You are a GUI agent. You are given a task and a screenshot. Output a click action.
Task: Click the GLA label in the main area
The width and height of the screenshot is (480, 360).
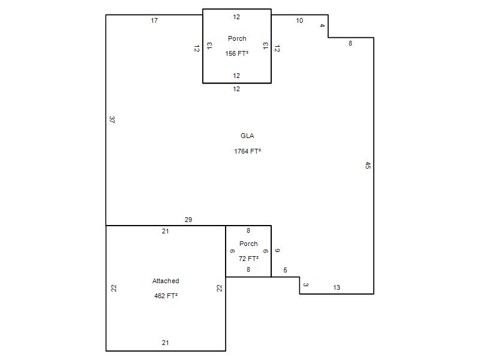[247, 136]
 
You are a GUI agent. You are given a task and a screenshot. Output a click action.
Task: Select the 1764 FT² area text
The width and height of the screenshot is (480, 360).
[247, 151]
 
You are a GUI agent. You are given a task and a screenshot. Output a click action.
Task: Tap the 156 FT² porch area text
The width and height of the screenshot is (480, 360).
[236, 53]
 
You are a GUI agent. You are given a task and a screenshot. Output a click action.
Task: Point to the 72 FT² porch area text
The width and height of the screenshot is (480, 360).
[248, 259]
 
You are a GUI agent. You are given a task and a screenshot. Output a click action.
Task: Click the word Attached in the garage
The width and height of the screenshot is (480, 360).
[166, 281]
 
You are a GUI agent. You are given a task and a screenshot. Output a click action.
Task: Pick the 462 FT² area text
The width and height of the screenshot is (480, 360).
[166, 296]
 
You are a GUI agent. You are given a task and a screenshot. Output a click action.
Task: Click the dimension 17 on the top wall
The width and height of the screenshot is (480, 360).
[154, 20]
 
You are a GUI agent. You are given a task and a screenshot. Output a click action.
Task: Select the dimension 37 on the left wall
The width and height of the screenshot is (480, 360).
[112, 119]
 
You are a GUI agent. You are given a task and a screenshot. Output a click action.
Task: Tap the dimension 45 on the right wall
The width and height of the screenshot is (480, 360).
[368, 166]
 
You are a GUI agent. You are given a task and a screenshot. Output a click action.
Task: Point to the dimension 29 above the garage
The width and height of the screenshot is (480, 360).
[188, 220]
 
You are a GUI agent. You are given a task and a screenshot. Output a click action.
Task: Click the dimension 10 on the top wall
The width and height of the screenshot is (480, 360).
[299, 20]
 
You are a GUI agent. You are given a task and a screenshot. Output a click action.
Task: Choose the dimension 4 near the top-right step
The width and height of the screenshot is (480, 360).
[322, 25]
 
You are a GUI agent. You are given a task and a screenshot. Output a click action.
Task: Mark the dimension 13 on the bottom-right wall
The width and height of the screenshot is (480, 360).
[337, 287]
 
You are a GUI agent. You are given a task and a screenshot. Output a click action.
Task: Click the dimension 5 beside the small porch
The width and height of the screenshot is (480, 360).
[285, 270]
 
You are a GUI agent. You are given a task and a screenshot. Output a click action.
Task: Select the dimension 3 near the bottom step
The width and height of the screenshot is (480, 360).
[305, 284]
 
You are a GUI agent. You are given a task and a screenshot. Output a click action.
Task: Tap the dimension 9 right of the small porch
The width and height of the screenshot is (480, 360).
[277, 250]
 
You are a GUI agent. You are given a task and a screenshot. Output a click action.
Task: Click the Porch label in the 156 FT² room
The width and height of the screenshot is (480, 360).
[237, 38]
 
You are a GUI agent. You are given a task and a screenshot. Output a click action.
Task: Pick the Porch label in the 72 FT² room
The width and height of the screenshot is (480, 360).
[248, 244]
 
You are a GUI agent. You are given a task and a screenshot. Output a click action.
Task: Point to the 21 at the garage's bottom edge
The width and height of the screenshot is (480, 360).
[166, 343]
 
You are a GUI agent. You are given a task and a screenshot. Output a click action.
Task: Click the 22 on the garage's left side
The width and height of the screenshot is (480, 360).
[114, 288]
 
